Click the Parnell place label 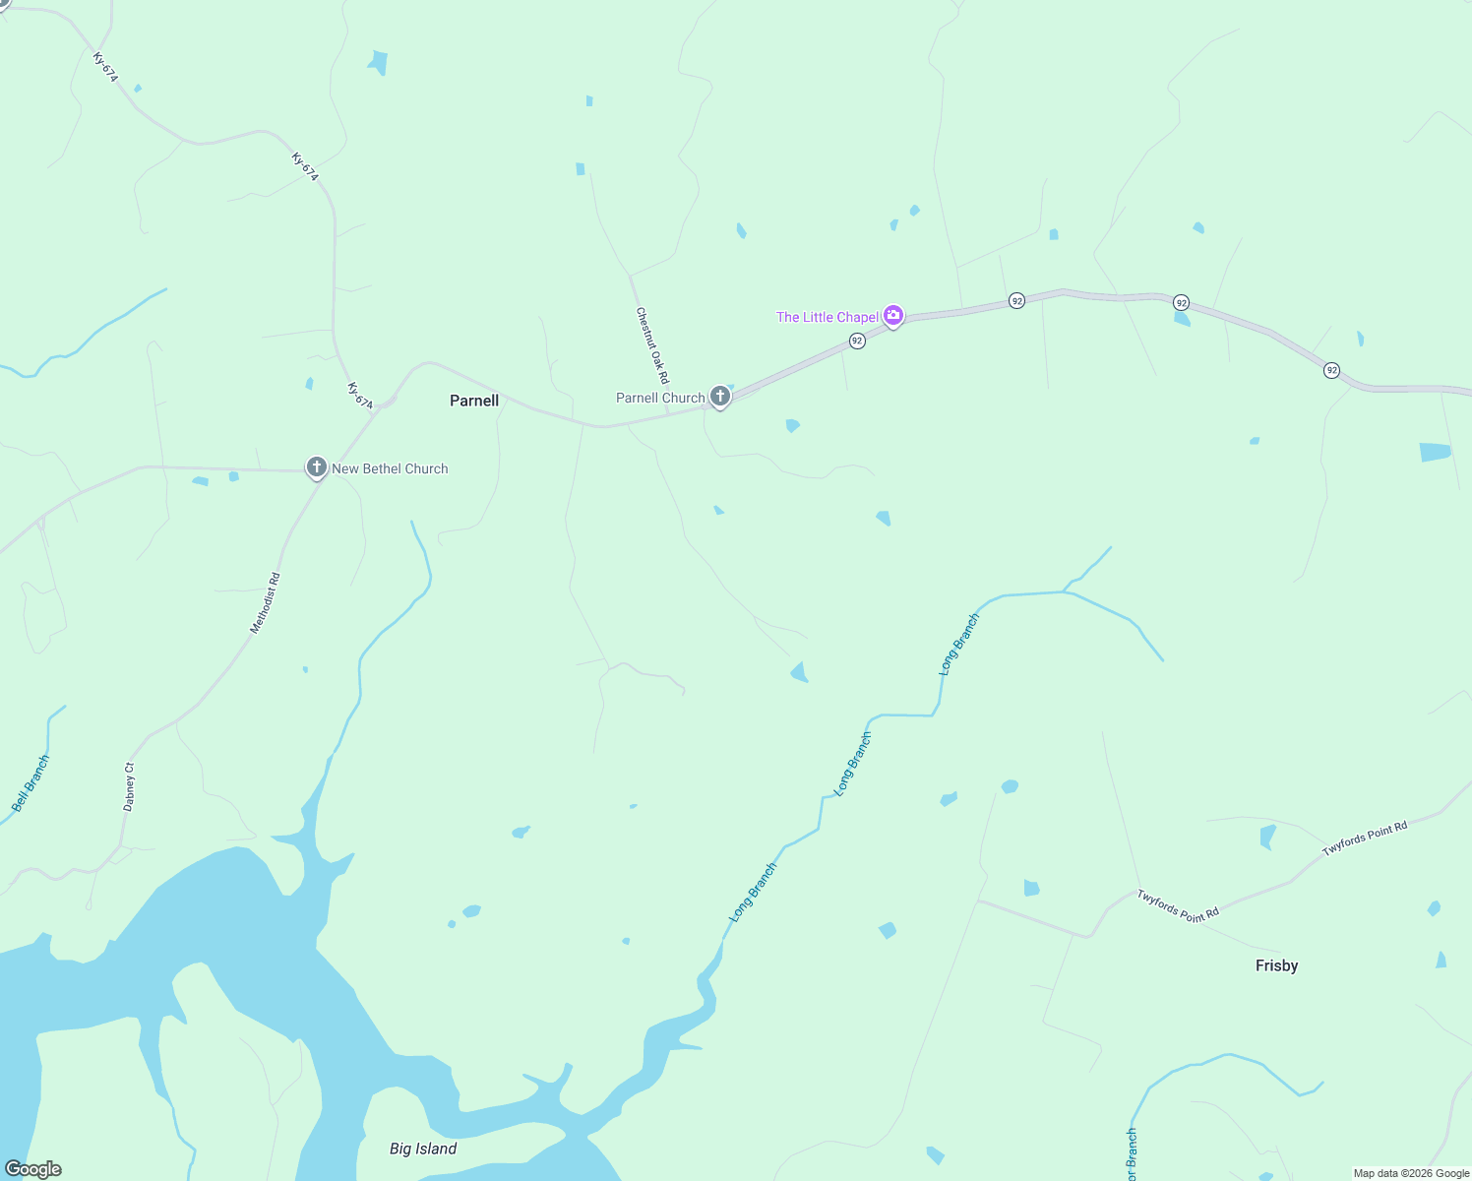tap(474, 401)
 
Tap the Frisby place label tap(1276, 965)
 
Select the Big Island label tap(423, 1149)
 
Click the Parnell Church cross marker tap(720, 397)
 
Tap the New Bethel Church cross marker tap(316, 467)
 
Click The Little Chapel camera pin tap(893, 316)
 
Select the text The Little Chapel tap(827, 317)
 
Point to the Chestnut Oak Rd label tap(652, 345)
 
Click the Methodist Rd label tap(265, 602)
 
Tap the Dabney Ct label tap(129, 786)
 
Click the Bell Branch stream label tap(30, 783)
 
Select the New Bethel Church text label tap(390, 468)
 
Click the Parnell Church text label tap(660, 398)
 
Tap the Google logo tap(32, 1169)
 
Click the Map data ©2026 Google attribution tap(1411, 1173)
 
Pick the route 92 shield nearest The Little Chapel tap(857, 341)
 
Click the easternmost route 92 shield tap(1331, 370)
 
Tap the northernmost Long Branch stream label tap(959, 644)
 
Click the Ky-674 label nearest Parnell tap(360, 396)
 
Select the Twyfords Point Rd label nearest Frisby tap(1178, 906)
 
